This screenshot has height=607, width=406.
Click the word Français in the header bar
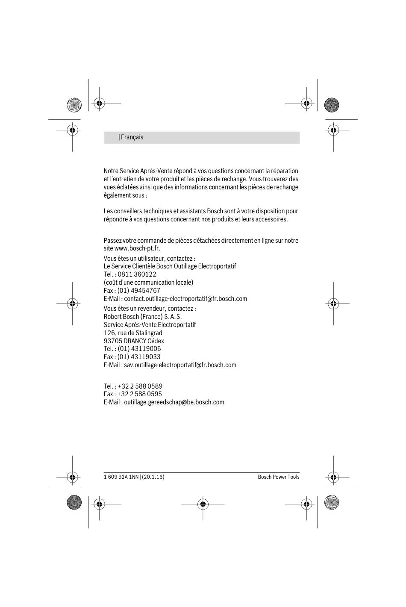pyautogui.click(x=132, y=137)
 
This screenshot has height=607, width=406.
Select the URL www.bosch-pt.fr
pyautogui.click(x=137, y=248)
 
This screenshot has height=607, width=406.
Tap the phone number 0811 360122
pyautogui.click(x=137, y=274)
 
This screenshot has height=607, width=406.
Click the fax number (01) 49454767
pyautogui.click(x=139, y=291)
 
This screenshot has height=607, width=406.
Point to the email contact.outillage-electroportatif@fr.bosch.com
pyautogui.click(x=185, y=299)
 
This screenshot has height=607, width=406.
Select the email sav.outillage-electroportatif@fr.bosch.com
pyautogui.click(x=180, y=365)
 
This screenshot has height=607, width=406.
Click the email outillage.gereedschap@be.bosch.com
pyautogui.click(x=174, y=402)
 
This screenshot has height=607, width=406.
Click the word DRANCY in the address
pyautogui.click(x=135, y=341)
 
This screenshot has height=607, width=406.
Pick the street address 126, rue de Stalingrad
pyautogui.click(x=133, y=333)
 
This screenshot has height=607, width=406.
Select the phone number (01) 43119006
pyautogui.click(x=139, y=349)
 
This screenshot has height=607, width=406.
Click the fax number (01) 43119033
pyautogui.click(x=139, y=357)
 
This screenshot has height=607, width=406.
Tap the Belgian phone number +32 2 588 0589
pyautogui.click(x=140, y=386)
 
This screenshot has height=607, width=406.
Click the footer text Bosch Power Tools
pyautogui.click(x=279, y=477)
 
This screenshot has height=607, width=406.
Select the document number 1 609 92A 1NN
pyautogui.click(x=121, y=477)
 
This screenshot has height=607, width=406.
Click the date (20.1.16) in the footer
pyautogui.click(x=153, y=477)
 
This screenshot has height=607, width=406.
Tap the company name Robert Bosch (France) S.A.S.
pyautogui.click(x=143, y=317)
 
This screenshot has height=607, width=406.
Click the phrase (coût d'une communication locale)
pyautogui.click(x=148, y=283)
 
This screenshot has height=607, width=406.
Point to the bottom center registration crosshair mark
pyautogui.click(x=203, y=504)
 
